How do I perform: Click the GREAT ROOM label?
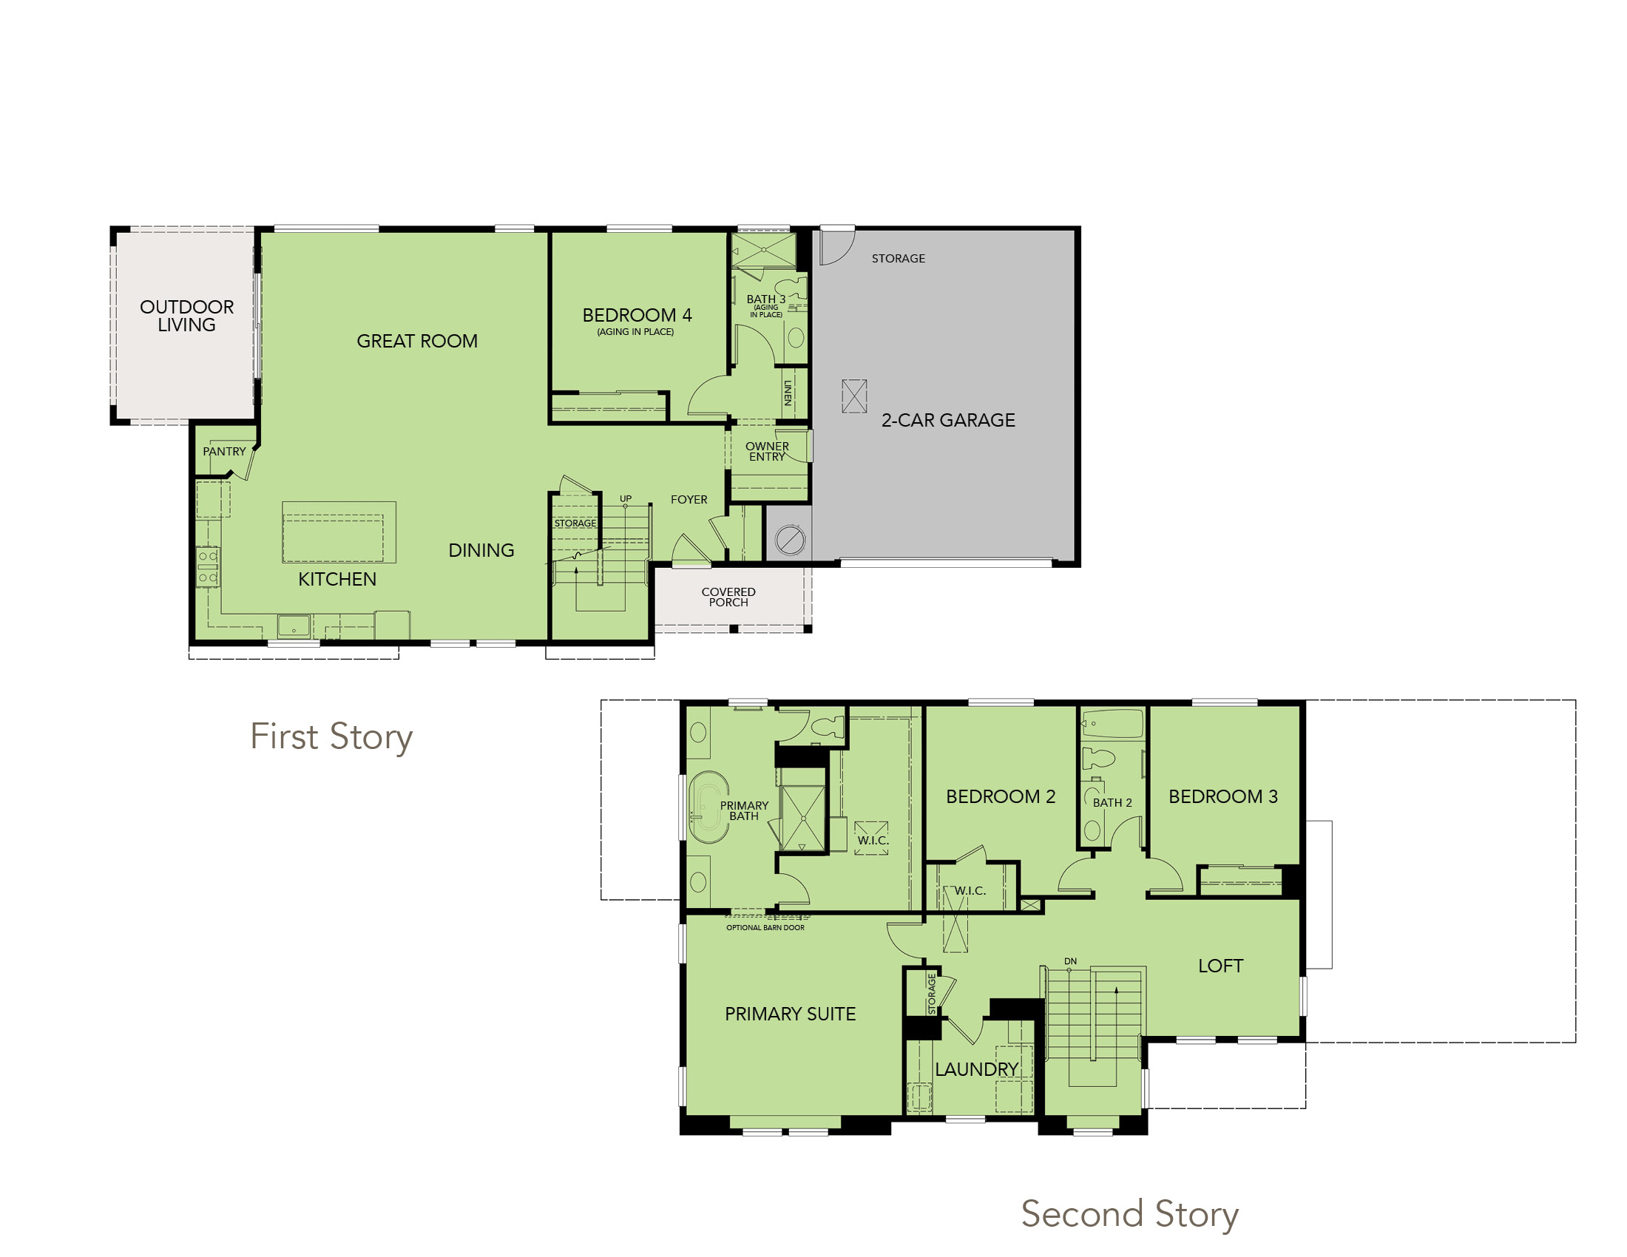point(416,341)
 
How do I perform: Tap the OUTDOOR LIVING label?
point(186,316)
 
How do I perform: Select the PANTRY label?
point(224,451)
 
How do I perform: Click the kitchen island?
point(339,532)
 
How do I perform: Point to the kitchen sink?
point(294,626)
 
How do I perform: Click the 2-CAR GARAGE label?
point(947,420)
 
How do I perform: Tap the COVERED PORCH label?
point(728,597)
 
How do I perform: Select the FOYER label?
point(689,500)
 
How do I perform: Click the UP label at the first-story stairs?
point(626,498)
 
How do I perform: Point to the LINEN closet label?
point(788,393)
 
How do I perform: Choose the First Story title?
point(331,737)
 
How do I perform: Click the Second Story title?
point(1129,1214)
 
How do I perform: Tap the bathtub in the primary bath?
point(708,807)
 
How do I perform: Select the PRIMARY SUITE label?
point(791,1014)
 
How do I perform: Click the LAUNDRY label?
point(977,1069)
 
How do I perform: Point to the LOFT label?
point(1220,966)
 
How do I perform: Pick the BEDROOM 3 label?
point(1223,796)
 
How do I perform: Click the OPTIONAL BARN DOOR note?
point(765,928)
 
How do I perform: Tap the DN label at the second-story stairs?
point(1071,961)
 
